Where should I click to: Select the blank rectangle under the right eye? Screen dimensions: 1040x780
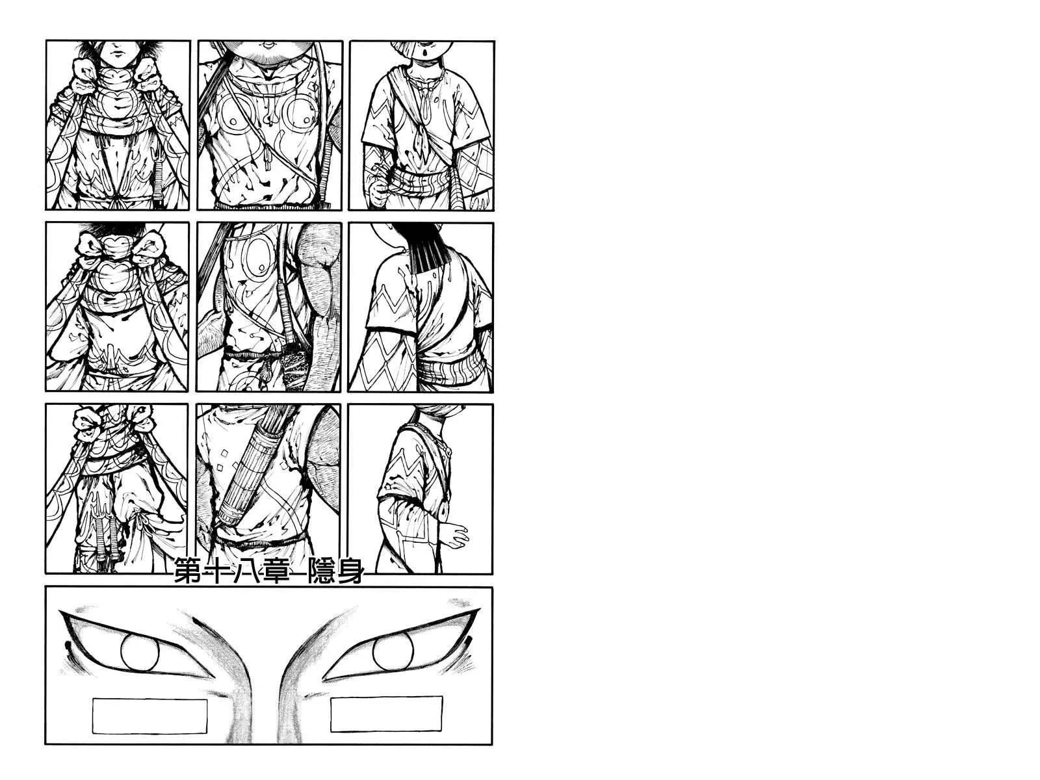387,714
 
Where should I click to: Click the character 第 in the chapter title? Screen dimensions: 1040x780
188,571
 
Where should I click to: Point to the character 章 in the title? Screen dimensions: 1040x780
276,571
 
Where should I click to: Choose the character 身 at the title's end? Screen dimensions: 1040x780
350,571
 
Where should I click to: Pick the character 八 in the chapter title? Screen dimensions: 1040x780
246,571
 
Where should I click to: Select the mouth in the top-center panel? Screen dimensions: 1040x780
268,46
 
